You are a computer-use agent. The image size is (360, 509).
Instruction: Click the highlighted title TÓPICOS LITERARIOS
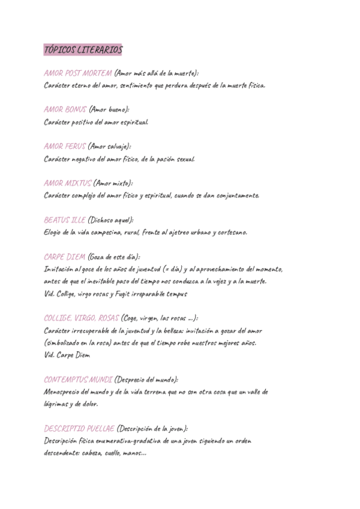pyautogui.click(x=83, y=49)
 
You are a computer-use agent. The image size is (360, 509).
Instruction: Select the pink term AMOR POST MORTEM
pyautogui.click(x=78, y=73)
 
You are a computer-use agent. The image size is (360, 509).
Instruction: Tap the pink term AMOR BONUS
pyautogui.click(x=65, y=110)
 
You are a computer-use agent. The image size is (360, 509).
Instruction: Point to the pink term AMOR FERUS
pyautogui.click(x=65, y=146)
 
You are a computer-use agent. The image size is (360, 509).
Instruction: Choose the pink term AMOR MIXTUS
pyautogui.click(x=68, y=183)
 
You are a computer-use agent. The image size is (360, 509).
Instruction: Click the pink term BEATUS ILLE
pyautogui.click(x=65, y=220)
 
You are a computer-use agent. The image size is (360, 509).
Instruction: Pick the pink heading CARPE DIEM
pyautogui.click(x=64, y=256)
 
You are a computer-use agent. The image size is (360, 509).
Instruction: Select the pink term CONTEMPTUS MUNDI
pyautogui.click(x=78, y=379)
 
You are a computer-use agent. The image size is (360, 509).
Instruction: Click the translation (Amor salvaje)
pyautogui.click(x=110, y=146)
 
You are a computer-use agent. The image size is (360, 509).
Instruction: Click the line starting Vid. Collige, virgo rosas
pyautogui.click(x=116, y=294)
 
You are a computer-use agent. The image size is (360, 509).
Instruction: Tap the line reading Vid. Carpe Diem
pyautogui.click(x=67, y=355)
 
